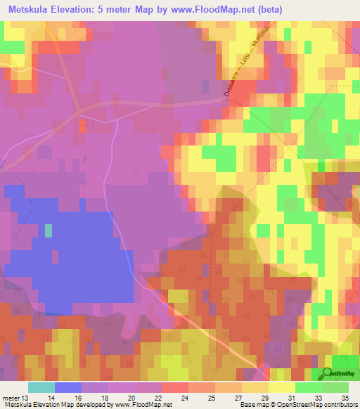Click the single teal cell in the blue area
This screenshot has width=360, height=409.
click(x=49, y=230)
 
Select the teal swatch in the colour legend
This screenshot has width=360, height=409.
click(x=41, y=387)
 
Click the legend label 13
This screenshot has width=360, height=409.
click(x=25, y=398)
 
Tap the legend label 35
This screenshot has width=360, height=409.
click(x=345, y=398)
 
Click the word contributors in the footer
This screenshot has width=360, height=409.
click(x=339, y=405)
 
